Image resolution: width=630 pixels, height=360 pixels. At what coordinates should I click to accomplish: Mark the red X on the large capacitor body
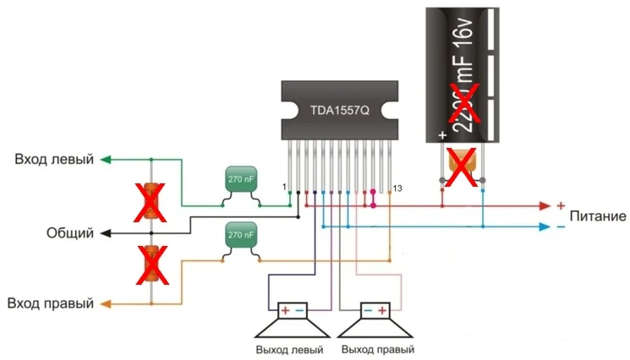pyautogui.click(x=464, y=102)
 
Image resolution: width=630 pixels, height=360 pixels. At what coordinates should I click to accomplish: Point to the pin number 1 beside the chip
pyautogui.click(x=284, y=186)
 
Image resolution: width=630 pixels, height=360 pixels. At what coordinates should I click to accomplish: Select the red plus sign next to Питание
pyautogui.click(x=559, y=205)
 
